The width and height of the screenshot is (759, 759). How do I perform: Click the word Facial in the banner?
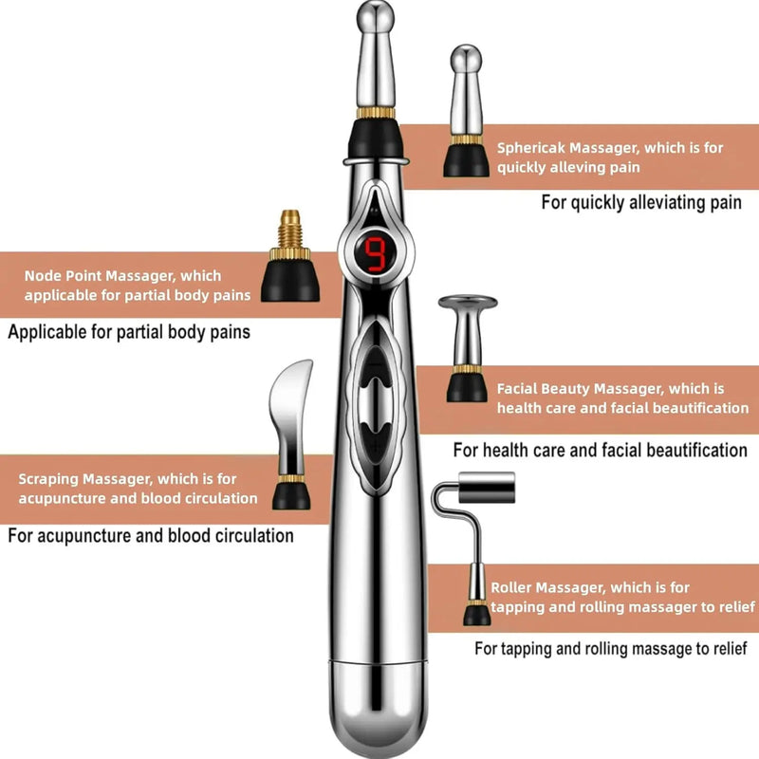click(517, 389)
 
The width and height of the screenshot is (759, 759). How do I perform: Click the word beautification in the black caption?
click(695, 449)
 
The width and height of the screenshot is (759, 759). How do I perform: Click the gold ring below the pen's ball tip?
click(377, 112)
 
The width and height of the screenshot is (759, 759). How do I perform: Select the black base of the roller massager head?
click(477, 612)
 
